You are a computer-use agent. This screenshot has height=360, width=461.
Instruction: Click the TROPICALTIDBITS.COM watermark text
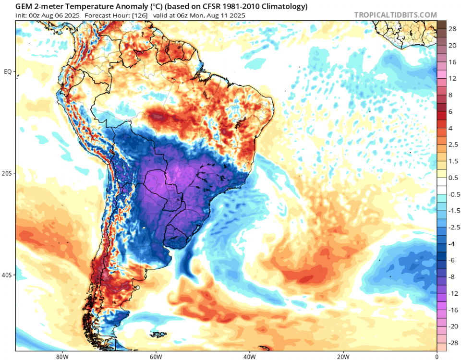tap(396, 15)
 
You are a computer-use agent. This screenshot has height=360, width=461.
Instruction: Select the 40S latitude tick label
tap(7, 276)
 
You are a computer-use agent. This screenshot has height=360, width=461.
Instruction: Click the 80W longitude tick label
tap(61, 356)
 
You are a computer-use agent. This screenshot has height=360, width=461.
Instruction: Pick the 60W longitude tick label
tap(155, 356)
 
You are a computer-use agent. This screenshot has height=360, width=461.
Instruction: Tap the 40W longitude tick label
tap(249, 356)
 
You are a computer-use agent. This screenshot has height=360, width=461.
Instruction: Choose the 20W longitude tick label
tap(343, 356)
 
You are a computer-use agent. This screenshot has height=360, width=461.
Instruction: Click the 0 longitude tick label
tap(437, 356)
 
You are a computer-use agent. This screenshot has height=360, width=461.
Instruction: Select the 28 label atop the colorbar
tap(452, 29)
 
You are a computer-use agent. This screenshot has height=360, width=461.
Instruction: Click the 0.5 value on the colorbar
tap(453, 178)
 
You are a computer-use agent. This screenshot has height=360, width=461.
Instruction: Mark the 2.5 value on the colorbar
tap(453, 145)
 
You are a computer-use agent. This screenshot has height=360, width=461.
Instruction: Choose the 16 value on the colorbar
tap(452, 62)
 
